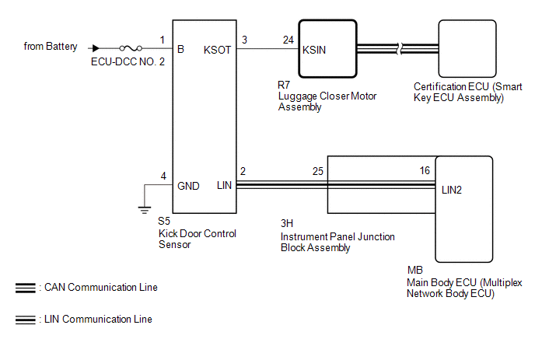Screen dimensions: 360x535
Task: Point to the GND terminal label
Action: (189, 186)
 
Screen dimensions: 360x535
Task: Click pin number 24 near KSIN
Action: (288, 39)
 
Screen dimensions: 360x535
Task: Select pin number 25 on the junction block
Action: (317, 171)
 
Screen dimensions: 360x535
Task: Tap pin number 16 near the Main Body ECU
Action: (424, 171)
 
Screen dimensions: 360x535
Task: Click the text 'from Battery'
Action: (51, 47)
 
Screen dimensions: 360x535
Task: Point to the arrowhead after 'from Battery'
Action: (96, 48)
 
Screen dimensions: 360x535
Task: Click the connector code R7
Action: (285, 85)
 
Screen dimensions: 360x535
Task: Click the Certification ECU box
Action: (471, 47)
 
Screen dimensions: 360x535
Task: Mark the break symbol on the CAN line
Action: (400, 48)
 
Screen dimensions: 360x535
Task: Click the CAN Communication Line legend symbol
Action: (24, 288)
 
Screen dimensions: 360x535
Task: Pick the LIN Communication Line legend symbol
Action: (24, 320)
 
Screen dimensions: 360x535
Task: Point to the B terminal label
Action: (180, 50)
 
